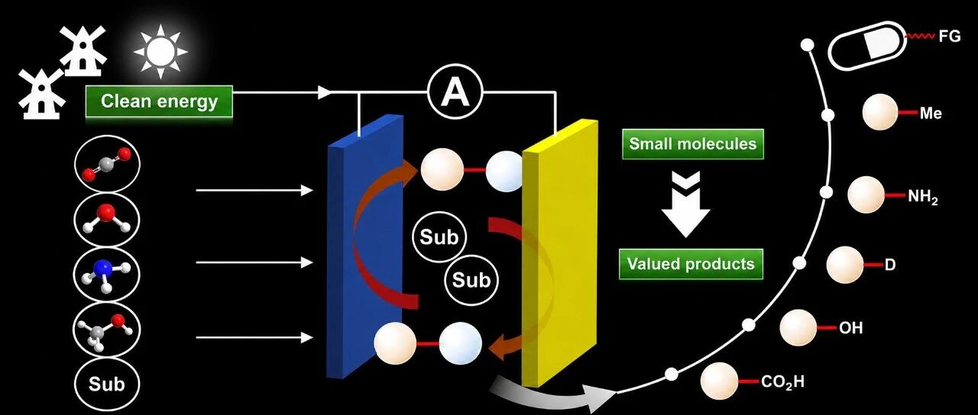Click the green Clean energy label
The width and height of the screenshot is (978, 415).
(159, 101)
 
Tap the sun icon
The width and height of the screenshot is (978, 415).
(160, 51)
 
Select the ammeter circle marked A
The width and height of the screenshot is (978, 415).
(455, 92)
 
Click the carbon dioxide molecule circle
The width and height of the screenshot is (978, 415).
(107, 164)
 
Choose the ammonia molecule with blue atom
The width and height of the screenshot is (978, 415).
(107, 275)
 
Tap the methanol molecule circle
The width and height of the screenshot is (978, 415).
(107, 330)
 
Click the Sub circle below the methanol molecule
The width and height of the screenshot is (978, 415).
(107, 384)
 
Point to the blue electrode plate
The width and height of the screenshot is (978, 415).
(366, 246)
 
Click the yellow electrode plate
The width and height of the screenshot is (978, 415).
(560, 253)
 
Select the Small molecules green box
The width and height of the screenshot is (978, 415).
(693, 144)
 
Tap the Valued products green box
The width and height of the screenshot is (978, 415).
(691, 264)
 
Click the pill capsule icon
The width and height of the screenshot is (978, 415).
(867, 46)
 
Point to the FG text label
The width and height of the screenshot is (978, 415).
(950, 37)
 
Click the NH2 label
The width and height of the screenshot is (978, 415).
(922, 198)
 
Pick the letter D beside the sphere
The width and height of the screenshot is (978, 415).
(890, 265)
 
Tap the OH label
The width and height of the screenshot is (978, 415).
(850, 327)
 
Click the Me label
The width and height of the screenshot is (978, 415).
(931, 114)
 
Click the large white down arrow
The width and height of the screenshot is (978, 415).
(686, 205)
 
